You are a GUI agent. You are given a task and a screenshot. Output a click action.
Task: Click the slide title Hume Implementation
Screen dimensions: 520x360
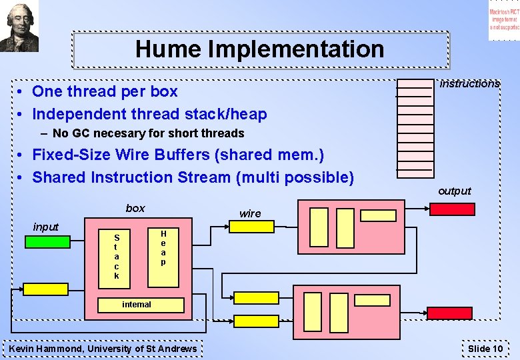259,49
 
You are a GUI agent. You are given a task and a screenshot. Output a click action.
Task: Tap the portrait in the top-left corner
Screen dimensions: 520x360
19,26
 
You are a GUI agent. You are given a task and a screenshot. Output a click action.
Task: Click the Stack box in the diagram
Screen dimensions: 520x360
117,256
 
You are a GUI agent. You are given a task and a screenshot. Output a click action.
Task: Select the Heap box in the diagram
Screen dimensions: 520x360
163,248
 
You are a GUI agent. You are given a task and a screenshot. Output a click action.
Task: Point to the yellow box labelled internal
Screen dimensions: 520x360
137,305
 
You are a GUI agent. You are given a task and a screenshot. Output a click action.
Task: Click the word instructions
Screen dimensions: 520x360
469,84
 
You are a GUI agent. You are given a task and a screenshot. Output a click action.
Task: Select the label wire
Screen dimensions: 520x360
250,213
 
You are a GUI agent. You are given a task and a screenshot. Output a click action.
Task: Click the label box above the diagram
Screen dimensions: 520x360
135,208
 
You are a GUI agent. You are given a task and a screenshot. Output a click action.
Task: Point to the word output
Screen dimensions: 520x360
455,191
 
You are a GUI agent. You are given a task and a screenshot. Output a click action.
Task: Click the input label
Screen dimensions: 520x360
46,227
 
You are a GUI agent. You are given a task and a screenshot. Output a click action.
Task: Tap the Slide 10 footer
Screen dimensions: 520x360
485,349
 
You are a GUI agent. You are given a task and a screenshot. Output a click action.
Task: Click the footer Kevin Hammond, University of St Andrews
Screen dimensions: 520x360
103,349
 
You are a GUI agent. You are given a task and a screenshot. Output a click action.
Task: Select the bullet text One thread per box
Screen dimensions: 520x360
105,91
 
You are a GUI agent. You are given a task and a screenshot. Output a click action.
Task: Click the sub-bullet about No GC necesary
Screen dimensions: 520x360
148,133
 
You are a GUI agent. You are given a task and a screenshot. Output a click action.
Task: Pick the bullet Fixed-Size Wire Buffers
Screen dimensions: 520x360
178,155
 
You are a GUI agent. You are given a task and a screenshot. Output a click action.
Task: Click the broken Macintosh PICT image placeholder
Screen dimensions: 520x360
503,21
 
